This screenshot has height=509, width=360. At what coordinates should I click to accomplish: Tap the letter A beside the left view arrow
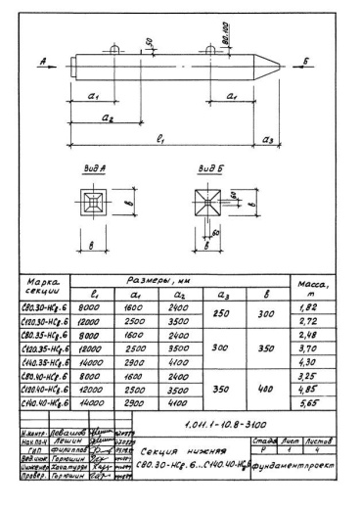click(x=45, y=60)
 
